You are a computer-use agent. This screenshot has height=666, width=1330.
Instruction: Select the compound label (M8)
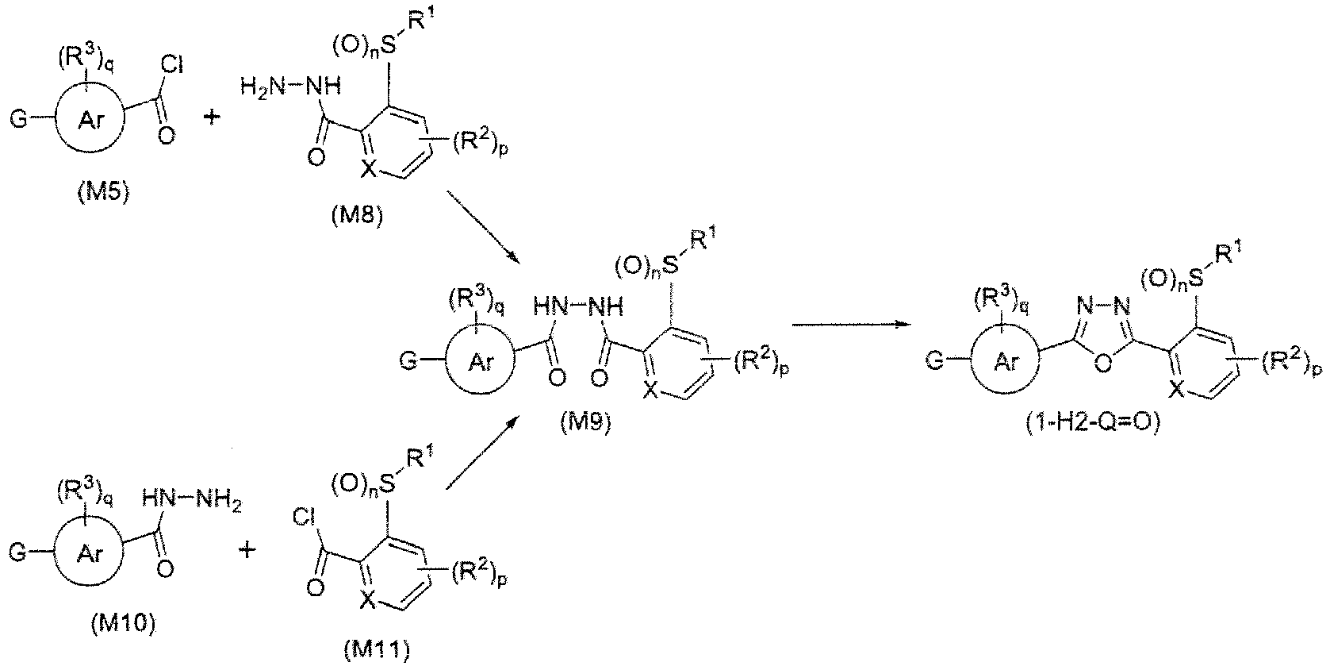(358, 214)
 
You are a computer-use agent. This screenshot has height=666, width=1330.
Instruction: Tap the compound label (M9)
(585, 424)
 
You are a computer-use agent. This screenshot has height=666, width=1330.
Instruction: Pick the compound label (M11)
(377, 651)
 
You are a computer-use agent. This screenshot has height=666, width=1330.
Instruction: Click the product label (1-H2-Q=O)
(1092, 424)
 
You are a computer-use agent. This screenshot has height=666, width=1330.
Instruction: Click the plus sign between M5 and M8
(212, 117)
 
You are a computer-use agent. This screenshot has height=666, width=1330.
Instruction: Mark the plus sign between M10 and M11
(247, 550)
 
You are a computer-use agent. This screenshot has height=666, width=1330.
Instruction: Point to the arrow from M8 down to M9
(482, 228)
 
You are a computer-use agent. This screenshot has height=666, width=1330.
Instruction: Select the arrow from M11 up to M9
(482, 454)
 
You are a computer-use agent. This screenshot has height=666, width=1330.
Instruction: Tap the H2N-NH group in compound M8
(291, 87)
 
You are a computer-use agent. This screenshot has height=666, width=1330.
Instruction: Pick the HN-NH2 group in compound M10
(191, 502)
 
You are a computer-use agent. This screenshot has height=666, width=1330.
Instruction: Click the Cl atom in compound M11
(304, 518)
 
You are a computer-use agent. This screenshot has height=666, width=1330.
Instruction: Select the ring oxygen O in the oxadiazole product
(1102, 363)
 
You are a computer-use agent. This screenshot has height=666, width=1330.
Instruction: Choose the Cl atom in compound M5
(173, 65)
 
